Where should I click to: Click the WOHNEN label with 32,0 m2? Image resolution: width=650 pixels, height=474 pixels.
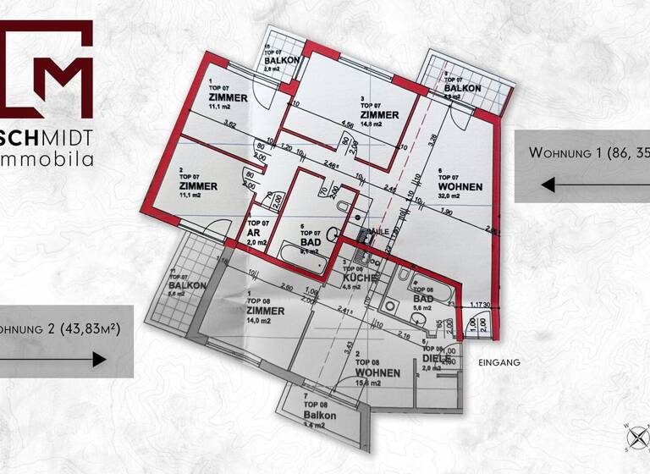(460, 186)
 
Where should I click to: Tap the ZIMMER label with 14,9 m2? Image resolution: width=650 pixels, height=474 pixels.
(379, 115)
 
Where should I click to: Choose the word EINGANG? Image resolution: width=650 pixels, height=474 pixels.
(498, 362)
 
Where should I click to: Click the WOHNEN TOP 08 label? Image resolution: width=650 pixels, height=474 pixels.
(377, 372)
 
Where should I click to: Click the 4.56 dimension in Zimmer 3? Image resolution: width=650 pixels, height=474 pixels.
(347, 125)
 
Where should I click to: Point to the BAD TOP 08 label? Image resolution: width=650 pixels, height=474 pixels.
(423, 299)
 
